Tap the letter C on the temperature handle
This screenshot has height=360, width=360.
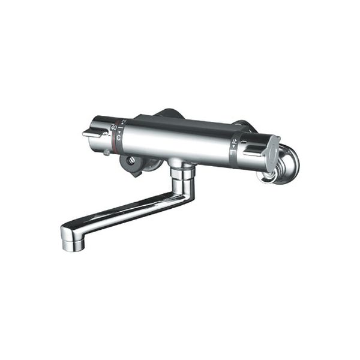click(x=118, y=138)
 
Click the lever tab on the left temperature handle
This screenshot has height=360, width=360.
click(x=93, y=135)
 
